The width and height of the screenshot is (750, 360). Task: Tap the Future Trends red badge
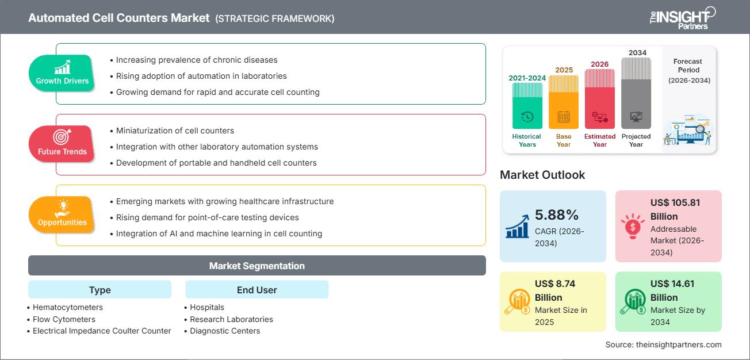62,144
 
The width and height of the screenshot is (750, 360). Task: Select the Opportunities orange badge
62,215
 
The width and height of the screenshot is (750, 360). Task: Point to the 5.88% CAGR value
556,215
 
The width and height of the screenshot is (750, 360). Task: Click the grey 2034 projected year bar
636,95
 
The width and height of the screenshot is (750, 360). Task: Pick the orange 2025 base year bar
564,104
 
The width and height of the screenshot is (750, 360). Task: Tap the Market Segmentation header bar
257,266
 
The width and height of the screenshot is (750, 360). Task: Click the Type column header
100,290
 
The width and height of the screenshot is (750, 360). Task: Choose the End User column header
257,290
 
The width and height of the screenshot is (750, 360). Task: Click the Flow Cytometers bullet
64,319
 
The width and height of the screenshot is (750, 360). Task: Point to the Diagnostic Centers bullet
225,331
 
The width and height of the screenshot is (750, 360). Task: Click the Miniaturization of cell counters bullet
175,131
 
